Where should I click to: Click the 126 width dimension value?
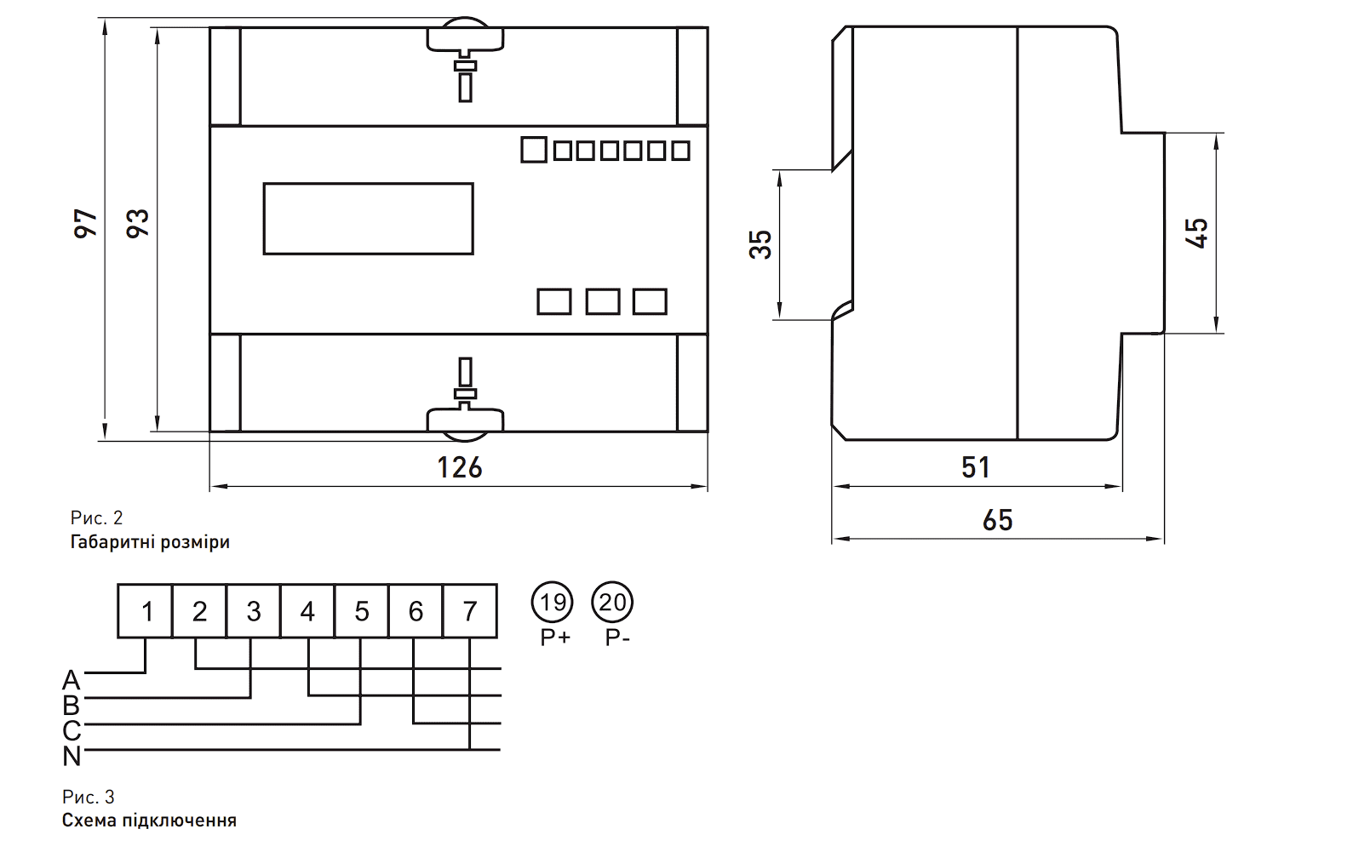(459, 467)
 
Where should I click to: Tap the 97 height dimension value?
(86, 223)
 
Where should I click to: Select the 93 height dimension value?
(138, 223)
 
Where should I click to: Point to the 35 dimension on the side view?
(760, 244)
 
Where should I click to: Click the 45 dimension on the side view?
(1196, 233)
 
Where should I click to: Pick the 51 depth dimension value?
(976, 467)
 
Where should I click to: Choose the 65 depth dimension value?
(997, 520)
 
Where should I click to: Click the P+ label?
(555, 638)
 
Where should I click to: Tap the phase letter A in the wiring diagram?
(72, 680)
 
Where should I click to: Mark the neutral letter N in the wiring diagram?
(72, 756)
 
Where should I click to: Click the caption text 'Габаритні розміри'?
(150, 541)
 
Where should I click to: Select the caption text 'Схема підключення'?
(149, 820)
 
